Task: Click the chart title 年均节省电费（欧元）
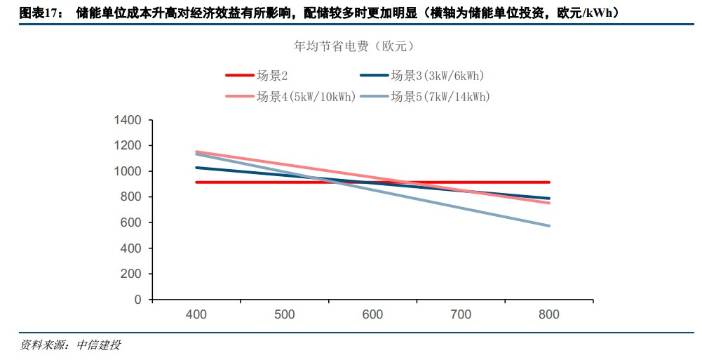click(x=350, y=46)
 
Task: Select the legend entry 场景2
click(x=273, y=76)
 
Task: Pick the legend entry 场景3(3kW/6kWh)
click(x=437, y=76)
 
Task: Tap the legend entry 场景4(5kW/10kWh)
click(x=306, y=96)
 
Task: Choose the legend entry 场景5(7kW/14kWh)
click(x=440, y=96)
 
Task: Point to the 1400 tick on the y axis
click(x=128, y=121)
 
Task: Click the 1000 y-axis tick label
click(x=128, y=171)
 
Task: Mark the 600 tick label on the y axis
click(x=131, y=222)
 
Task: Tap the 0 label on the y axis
click(x=138, y=300)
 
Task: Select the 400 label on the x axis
click(x=196, y=314)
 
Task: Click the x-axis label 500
click(x=285, y=314)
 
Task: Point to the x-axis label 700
click(x=461, y=314)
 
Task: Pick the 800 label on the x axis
click(x=549, y=314)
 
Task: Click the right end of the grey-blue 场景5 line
click(x=549, y=226)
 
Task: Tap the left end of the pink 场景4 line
click(x=196, y=152)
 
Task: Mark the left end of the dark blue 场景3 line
click(x=196, y=168)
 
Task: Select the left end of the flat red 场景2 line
click(x=196, y=182)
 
